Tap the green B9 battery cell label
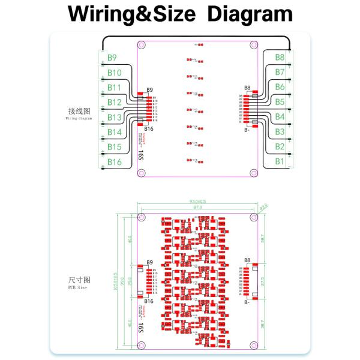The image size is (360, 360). click(x=112, y=58)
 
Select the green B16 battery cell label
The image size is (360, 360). click(x=114, y=162)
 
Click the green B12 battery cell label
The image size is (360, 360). click(x=114, y=103)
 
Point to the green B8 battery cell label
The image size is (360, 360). click(x=280, y=58)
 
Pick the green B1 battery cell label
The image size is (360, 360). click(x=280, y=161)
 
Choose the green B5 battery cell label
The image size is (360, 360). click(x=280, y=102)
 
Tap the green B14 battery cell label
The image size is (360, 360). click(x=114, y=132)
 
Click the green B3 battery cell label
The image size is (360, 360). click(x=280, y=132)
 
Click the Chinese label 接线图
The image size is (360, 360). click(x=79, y=112)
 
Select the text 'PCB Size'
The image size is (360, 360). click(x=77, y=288)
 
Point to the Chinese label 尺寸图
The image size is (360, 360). click(x=79, y=280)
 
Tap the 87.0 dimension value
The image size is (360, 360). click(x=197, y=208)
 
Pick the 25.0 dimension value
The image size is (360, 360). click(x=131, y=280)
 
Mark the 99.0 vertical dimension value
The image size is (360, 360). click(x=122, y=280)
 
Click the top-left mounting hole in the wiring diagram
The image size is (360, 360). click(x=142, y=44)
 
